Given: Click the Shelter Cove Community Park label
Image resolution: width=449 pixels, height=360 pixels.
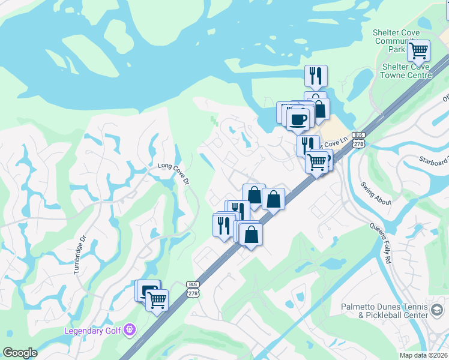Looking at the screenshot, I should pyautogui.click(x=396, y=41).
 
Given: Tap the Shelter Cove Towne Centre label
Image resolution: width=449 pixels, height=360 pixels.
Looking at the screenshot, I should pyautogui.click(x=406, y=71).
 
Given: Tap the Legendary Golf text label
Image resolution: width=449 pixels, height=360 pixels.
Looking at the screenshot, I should pyautogui.click(x=93, y=331).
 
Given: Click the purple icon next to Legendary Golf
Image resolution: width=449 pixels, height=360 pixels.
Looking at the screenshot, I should pyautogui.click(x=130, y=330).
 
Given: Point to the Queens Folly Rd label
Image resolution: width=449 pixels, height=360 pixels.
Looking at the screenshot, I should pyautogui.click(x=380, y=246).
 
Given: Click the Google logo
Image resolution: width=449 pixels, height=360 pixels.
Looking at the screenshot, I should pyautogui.click(x=20, y=353).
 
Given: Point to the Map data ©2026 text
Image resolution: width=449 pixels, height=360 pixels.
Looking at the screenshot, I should pyautogui.click(x=424, y=355).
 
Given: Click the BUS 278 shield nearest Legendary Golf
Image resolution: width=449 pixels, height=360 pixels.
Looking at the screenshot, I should pyautogui.click(x=193, y=289).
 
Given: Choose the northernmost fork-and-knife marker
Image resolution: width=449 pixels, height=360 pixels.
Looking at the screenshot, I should pyautogui.click(x=316, y=75).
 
